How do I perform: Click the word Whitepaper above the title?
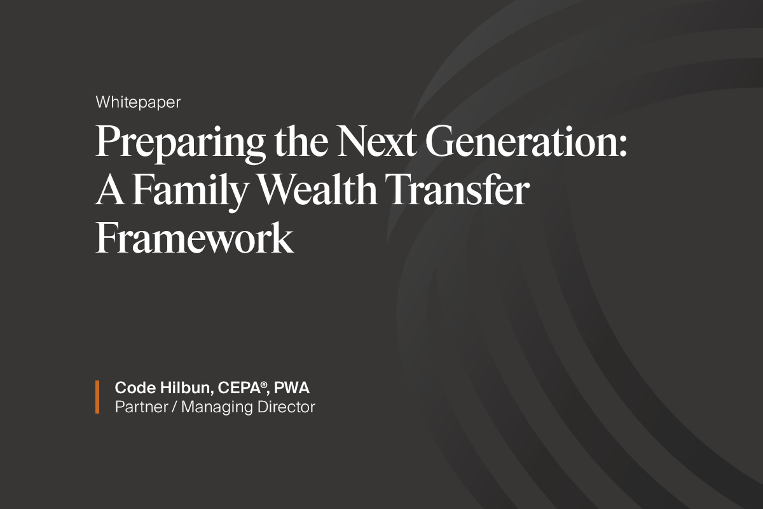(138, 102)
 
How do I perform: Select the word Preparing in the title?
(181, 143)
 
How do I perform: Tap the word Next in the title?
(376, 141)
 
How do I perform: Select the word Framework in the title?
(194, 237)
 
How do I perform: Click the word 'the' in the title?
(301, 140)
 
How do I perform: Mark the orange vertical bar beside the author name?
(97, 397)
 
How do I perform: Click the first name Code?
(135, 388)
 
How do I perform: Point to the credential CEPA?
(239, 388)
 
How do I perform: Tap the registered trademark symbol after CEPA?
(264, 384)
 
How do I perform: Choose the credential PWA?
(292, 388)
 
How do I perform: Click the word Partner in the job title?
(142, 407)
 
